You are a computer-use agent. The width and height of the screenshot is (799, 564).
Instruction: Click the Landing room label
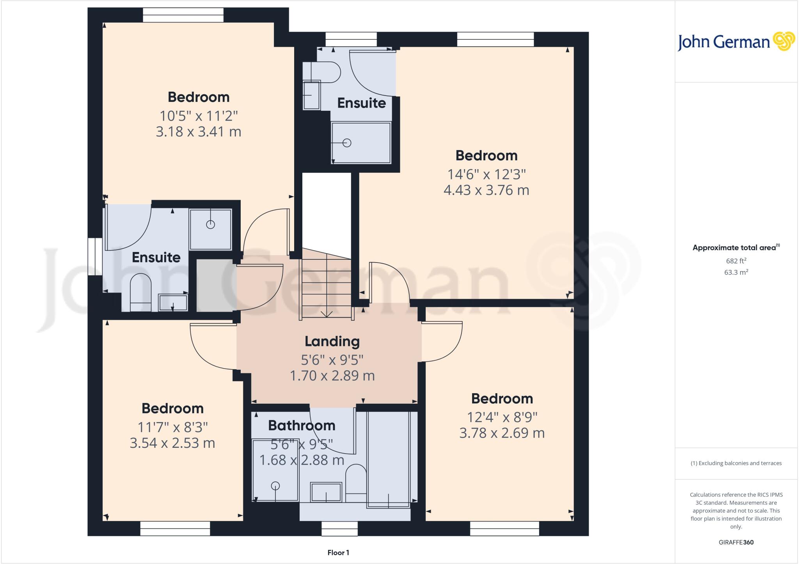coord(332,341)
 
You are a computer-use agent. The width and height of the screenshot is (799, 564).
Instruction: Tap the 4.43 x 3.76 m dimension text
coord(486,190)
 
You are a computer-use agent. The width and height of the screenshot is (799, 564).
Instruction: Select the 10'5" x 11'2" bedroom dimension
coord(199,116)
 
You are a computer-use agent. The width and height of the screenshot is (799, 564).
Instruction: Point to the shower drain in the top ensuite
coord(347,143)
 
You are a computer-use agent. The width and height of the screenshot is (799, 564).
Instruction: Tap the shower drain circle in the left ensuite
coord(211,225)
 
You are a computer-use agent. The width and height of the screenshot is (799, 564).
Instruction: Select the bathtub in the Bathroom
coord(388,459)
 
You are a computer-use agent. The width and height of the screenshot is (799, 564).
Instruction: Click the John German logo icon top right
coord(784,41)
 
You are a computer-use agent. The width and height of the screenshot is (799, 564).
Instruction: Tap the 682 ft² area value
coord(736,261)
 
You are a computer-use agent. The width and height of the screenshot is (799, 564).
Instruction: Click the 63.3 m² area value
coord(736,272)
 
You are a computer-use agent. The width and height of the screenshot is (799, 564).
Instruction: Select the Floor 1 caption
coord(338,553)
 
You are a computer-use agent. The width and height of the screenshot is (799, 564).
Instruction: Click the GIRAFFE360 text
coord(736,542)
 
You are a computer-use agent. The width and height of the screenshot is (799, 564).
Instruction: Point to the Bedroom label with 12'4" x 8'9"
coord(502,399)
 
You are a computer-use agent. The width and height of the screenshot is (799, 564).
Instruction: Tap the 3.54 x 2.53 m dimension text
coord(172,443)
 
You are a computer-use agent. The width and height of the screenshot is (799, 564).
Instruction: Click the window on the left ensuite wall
coord(92,257)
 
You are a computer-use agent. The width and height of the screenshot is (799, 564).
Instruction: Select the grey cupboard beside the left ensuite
coord(215,285)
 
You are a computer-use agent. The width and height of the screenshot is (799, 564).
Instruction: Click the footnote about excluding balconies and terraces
coord(736,463)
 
